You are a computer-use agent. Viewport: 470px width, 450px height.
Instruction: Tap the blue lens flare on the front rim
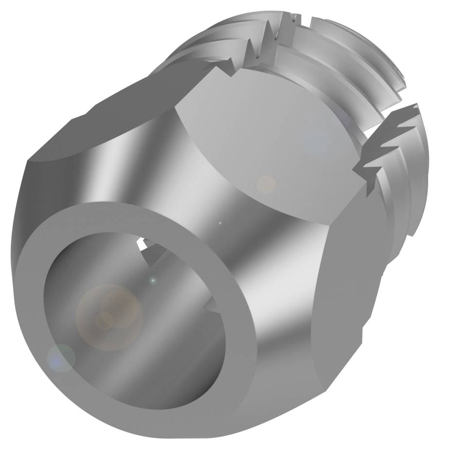tap(60, 358)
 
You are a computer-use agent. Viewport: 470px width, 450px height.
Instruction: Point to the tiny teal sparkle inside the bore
tap(153, 281)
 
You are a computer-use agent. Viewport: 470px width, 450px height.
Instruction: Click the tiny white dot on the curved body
tap(220, 223)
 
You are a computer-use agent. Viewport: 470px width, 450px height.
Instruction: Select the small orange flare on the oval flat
tap(266, 184)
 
